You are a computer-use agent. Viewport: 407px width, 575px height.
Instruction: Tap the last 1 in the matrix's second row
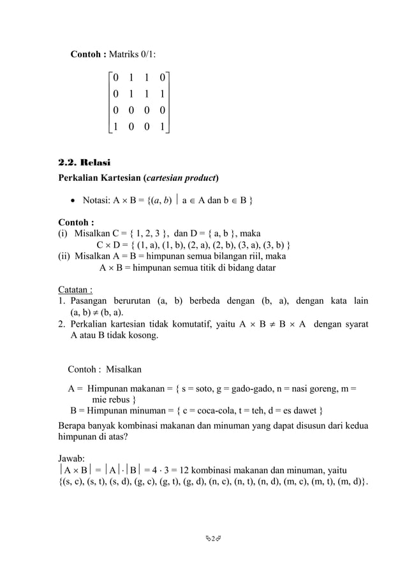164,94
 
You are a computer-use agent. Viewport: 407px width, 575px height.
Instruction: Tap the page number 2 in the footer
204,547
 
